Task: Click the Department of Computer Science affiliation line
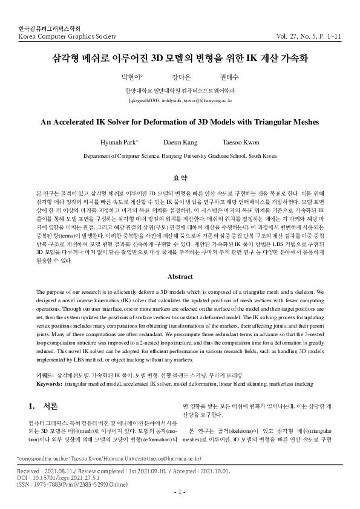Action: (x=180, y=155)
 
